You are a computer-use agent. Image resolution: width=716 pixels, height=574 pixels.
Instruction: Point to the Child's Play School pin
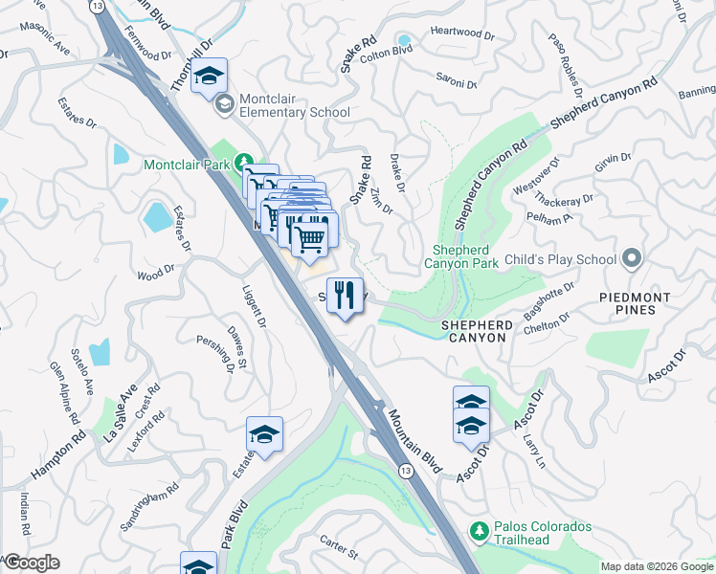(631, 259)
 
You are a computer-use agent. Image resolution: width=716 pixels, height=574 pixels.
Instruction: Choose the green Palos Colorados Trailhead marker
(480, 530)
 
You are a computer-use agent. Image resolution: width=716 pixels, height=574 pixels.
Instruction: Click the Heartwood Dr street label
(462, 33)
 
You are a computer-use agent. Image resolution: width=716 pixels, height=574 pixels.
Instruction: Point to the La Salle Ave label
(120, 410)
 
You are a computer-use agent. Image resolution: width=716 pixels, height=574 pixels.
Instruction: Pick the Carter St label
(339, 546)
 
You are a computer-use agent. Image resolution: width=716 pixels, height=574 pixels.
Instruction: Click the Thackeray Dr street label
(565, 203)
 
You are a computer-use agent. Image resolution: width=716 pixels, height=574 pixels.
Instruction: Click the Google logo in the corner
(32, 563)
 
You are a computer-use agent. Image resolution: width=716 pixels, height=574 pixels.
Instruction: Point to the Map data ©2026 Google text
(657, 566)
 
